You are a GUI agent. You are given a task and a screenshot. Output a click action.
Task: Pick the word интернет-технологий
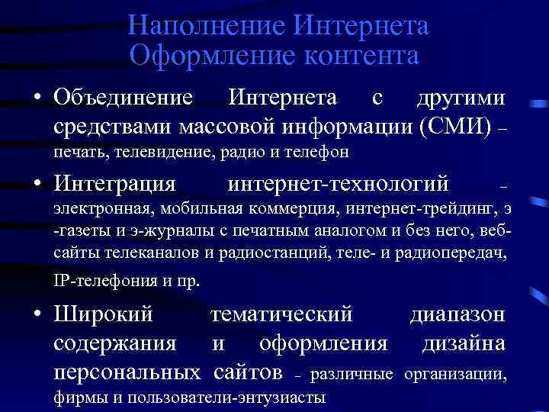[x=338, y=184]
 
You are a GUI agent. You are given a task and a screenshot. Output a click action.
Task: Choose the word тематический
[x=281, y=314]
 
